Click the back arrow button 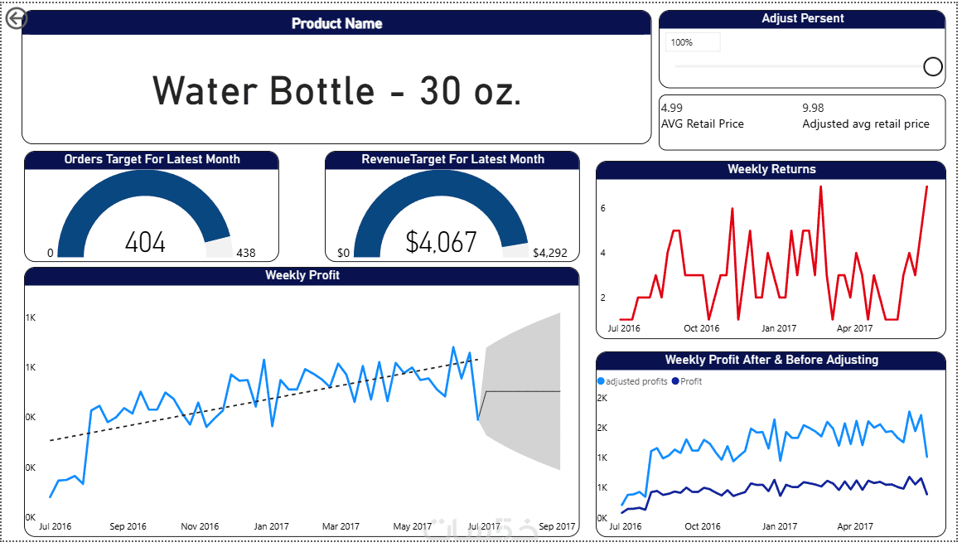pos(16,18)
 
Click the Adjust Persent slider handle pos(932,66)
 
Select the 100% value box pos(693,42)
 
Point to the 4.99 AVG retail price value pos(672,108)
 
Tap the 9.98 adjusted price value pos(813,108)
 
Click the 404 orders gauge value pos(145,243)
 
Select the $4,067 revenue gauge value pos(441,242)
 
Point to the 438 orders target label pos(246,253)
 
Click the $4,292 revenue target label pos(550,253)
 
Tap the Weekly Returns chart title pos(771,169)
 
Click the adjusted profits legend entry pos(632,381)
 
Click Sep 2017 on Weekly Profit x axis pos(557,526)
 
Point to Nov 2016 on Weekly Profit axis pos(200,526)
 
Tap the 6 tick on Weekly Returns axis pos(603,208)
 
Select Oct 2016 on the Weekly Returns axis pos(701,328)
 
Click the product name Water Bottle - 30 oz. pos(336,90)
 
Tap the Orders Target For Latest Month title pos(152,159)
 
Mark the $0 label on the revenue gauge pos(344,253)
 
